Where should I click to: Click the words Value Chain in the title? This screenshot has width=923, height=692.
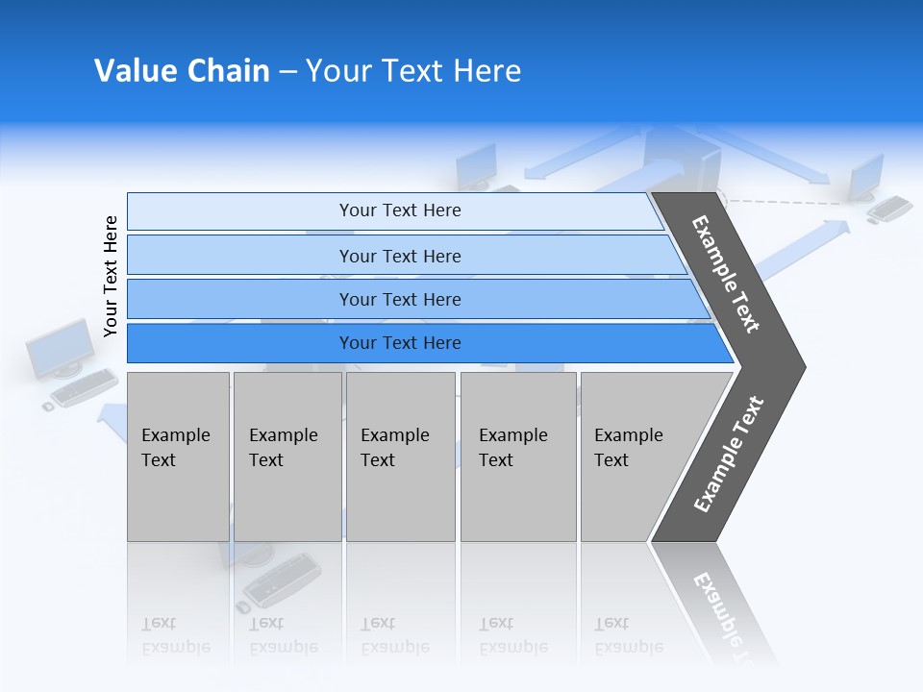pos(182,71)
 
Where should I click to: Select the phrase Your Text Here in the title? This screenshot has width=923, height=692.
pos(413,71)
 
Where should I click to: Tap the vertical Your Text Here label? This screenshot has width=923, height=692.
pos(111,277)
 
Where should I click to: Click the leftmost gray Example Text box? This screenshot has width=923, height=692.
pos(178,457)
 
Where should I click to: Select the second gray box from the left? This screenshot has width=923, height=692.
pos(287,457)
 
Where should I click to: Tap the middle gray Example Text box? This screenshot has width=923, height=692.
pos(400,457)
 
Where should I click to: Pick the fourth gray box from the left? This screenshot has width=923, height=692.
pos(518,457)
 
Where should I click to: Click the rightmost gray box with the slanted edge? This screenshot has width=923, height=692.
pos(639,457)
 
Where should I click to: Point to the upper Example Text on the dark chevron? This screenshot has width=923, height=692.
pos(726,274)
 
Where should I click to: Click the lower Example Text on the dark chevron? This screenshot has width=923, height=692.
pos(729,455)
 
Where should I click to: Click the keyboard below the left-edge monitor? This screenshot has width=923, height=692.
pos(84,388)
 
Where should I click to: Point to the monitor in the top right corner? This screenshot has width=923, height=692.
pos(867,177)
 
